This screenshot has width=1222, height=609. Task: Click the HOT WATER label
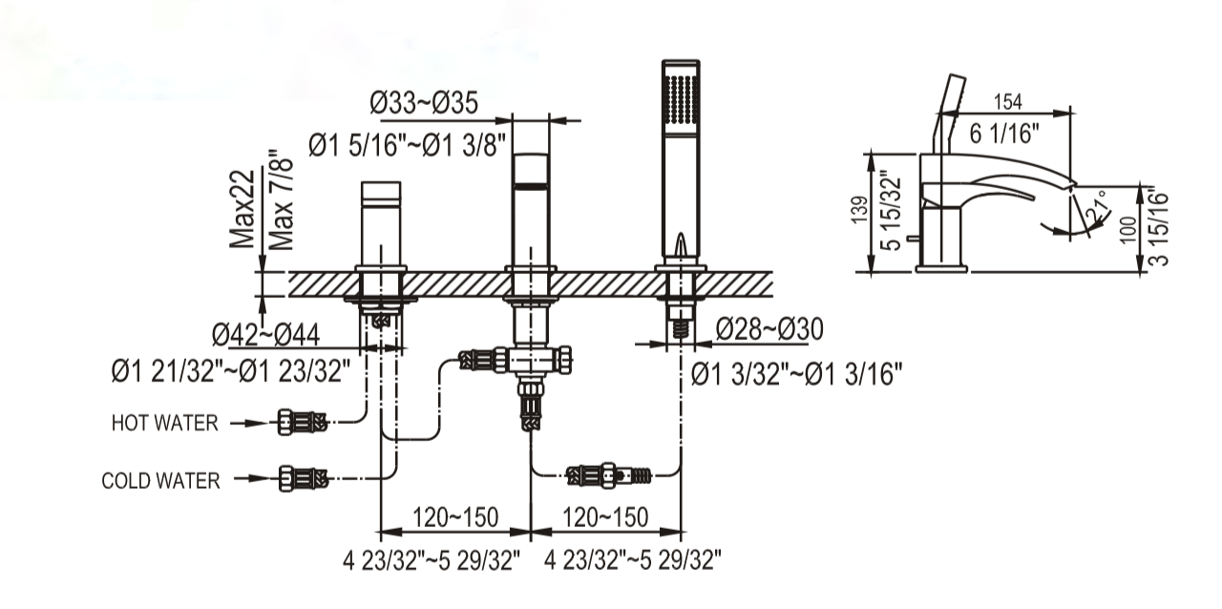pyautogui.click(x=164, y=423)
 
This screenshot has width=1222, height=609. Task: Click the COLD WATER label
pyautogui.click(x=160, y=481)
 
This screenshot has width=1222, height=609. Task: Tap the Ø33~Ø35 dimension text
pyautogui.click(x=424, y=102)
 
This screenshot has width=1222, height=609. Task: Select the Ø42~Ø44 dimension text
pyautogui.click(x=265, y=334)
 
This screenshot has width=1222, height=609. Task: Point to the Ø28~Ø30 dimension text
pyautogui.click(x=769, y=329)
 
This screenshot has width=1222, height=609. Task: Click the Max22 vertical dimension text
pyautogui.click(x=242, y=209)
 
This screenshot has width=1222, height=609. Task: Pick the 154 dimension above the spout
pyautogui.click(x=1007, y=102)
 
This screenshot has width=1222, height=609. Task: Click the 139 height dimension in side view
pyautogui.click(x=859, y=210)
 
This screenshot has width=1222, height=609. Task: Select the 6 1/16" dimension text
pyautogui.click(x=1004, y=133)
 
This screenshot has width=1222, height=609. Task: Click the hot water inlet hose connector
pyautogui.click(x=302, y=422)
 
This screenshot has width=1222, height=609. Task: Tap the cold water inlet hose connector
pyautogui.click(x=304, y=478)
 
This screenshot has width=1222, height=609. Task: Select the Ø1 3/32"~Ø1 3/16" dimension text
pyautogui.click(x=796, y=375)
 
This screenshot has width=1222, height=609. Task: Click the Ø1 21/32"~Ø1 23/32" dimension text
pyautogui.click(x=231, y=372)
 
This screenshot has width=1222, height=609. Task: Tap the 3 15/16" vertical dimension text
pyautogui.click(x=1159, y=227)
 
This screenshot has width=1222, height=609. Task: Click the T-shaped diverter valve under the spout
pyautogui.click(x=531, y=361)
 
